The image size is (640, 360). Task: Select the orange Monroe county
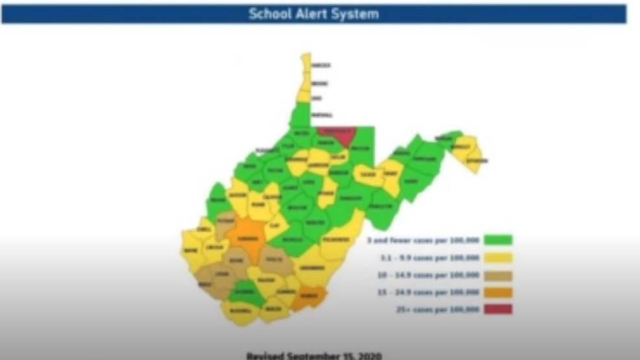click(309, 298)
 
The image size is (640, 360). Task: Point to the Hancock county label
click(321, 66)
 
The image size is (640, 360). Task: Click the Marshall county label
click(321, 115)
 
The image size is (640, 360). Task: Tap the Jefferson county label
click(476, 160)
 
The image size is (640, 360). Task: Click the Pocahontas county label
click(336, 239)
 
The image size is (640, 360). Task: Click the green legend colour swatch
click(498, 240)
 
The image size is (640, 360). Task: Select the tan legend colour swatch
click(498, 275)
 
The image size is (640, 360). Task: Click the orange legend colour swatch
click(498, 292)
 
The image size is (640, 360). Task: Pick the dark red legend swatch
click(498, 309)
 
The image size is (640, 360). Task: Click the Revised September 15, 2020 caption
click(314, 355)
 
